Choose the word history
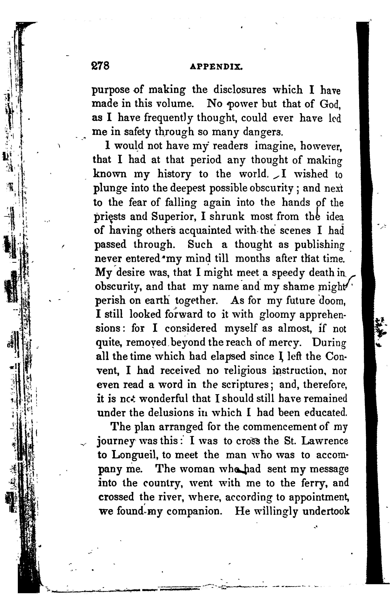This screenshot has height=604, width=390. click(174, 174)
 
